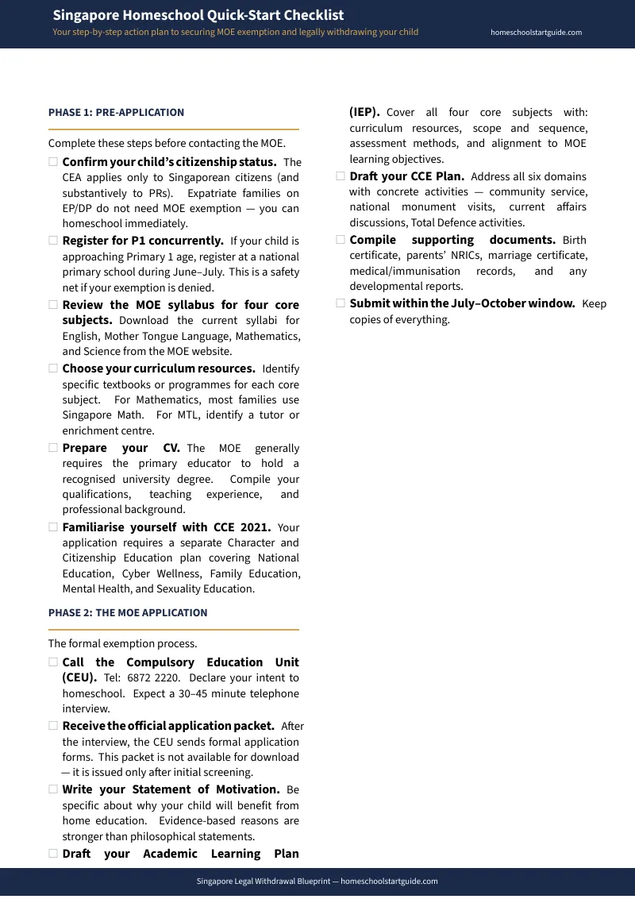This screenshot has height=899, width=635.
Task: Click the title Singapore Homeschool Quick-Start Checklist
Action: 198,15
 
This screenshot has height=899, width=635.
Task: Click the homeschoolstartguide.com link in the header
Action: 536,33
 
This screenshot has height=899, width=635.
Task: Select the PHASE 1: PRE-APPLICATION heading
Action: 116,113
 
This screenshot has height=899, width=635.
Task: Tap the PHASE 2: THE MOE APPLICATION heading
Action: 128,613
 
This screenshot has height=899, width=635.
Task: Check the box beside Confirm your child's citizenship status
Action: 53,162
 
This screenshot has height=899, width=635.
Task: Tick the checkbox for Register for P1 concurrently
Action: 53,241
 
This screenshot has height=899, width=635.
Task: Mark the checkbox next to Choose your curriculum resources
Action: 53,368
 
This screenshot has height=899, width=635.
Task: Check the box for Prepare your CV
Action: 53,448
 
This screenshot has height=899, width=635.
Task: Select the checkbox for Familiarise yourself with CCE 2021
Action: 53,527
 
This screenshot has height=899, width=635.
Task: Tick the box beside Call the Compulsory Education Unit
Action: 53,662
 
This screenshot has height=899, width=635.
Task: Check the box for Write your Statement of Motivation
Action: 53,789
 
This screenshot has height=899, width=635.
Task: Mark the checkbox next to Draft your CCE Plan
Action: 341,176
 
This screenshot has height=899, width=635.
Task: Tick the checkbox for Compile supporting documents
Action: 341,240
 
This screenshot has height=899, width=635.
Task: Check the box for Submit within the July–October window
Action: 341,303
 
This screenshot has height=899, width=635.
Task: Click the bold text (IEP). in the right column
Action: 364,113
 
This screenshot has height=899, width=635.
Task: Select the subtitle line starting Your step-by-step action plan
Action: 235,33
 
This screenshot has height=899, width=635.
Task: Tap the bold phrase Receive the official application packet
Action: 168,726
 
